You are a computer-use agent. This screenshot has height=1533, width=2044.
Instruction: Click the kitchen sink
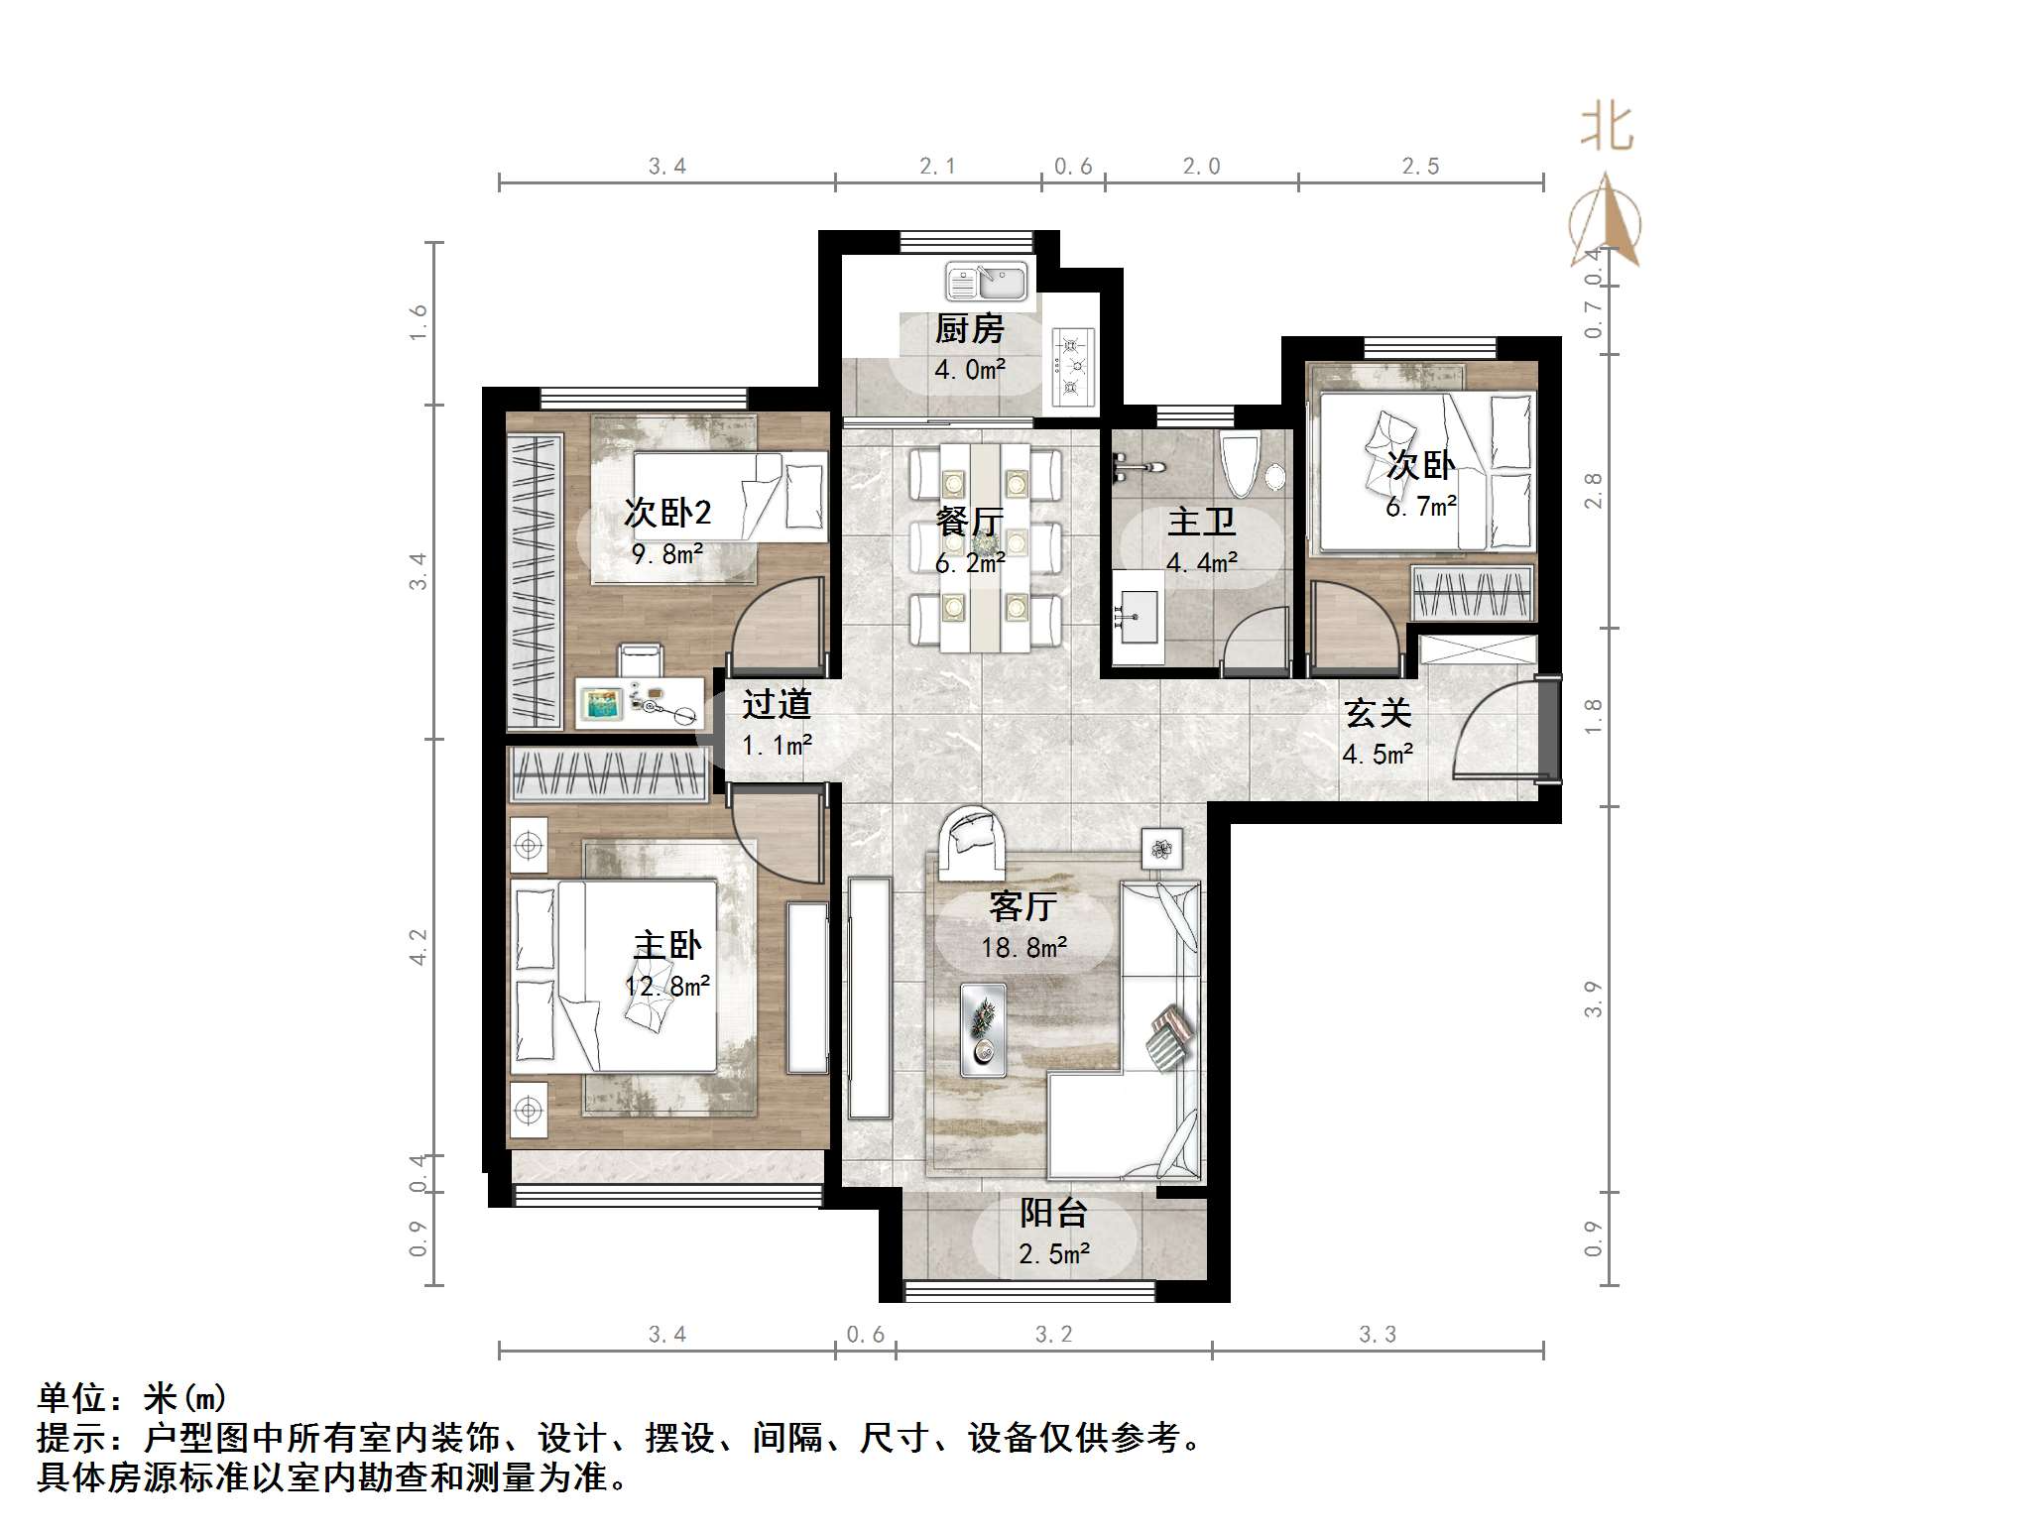(986, 281)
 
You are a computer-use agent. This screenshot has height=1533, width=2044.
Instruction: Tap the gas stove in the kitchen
(1071, 367)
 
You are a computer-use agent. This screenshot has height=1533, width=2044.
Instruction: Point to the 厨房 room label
(969, 329)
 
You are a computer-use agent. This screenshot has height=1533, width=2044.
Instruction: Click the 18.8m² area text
(1023, 948)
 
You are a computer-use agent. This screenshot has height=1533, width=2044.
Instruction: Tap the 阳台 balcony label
(1053, 1213)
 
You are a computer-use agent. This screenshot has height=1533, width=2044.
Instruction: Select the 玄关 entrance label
(1378, 713)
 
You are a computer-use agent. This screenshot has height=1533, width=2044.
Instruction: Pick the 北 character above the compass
(1606, 129)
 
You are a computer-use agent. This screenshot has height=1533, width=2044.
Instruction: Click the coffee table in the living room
(983, 1029)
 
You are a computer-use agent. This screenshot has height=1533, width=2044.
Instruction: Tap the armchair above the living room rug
(972, 843)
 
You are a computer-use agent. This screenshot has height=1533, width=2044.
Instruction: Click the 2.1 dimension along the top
(937, 167)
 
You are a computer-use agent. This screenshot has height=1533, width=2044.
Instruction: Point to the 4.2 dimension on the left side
(418, 946)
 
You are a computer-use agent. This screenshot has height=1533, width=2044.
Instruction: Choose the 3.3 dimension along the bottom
(1377, 1335)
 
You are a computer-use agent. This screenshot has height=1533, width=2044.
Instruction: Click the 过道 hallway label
(777, 704)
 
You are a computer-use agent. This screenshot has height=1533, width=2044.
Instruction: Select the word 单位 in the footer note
(71, 1398)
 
